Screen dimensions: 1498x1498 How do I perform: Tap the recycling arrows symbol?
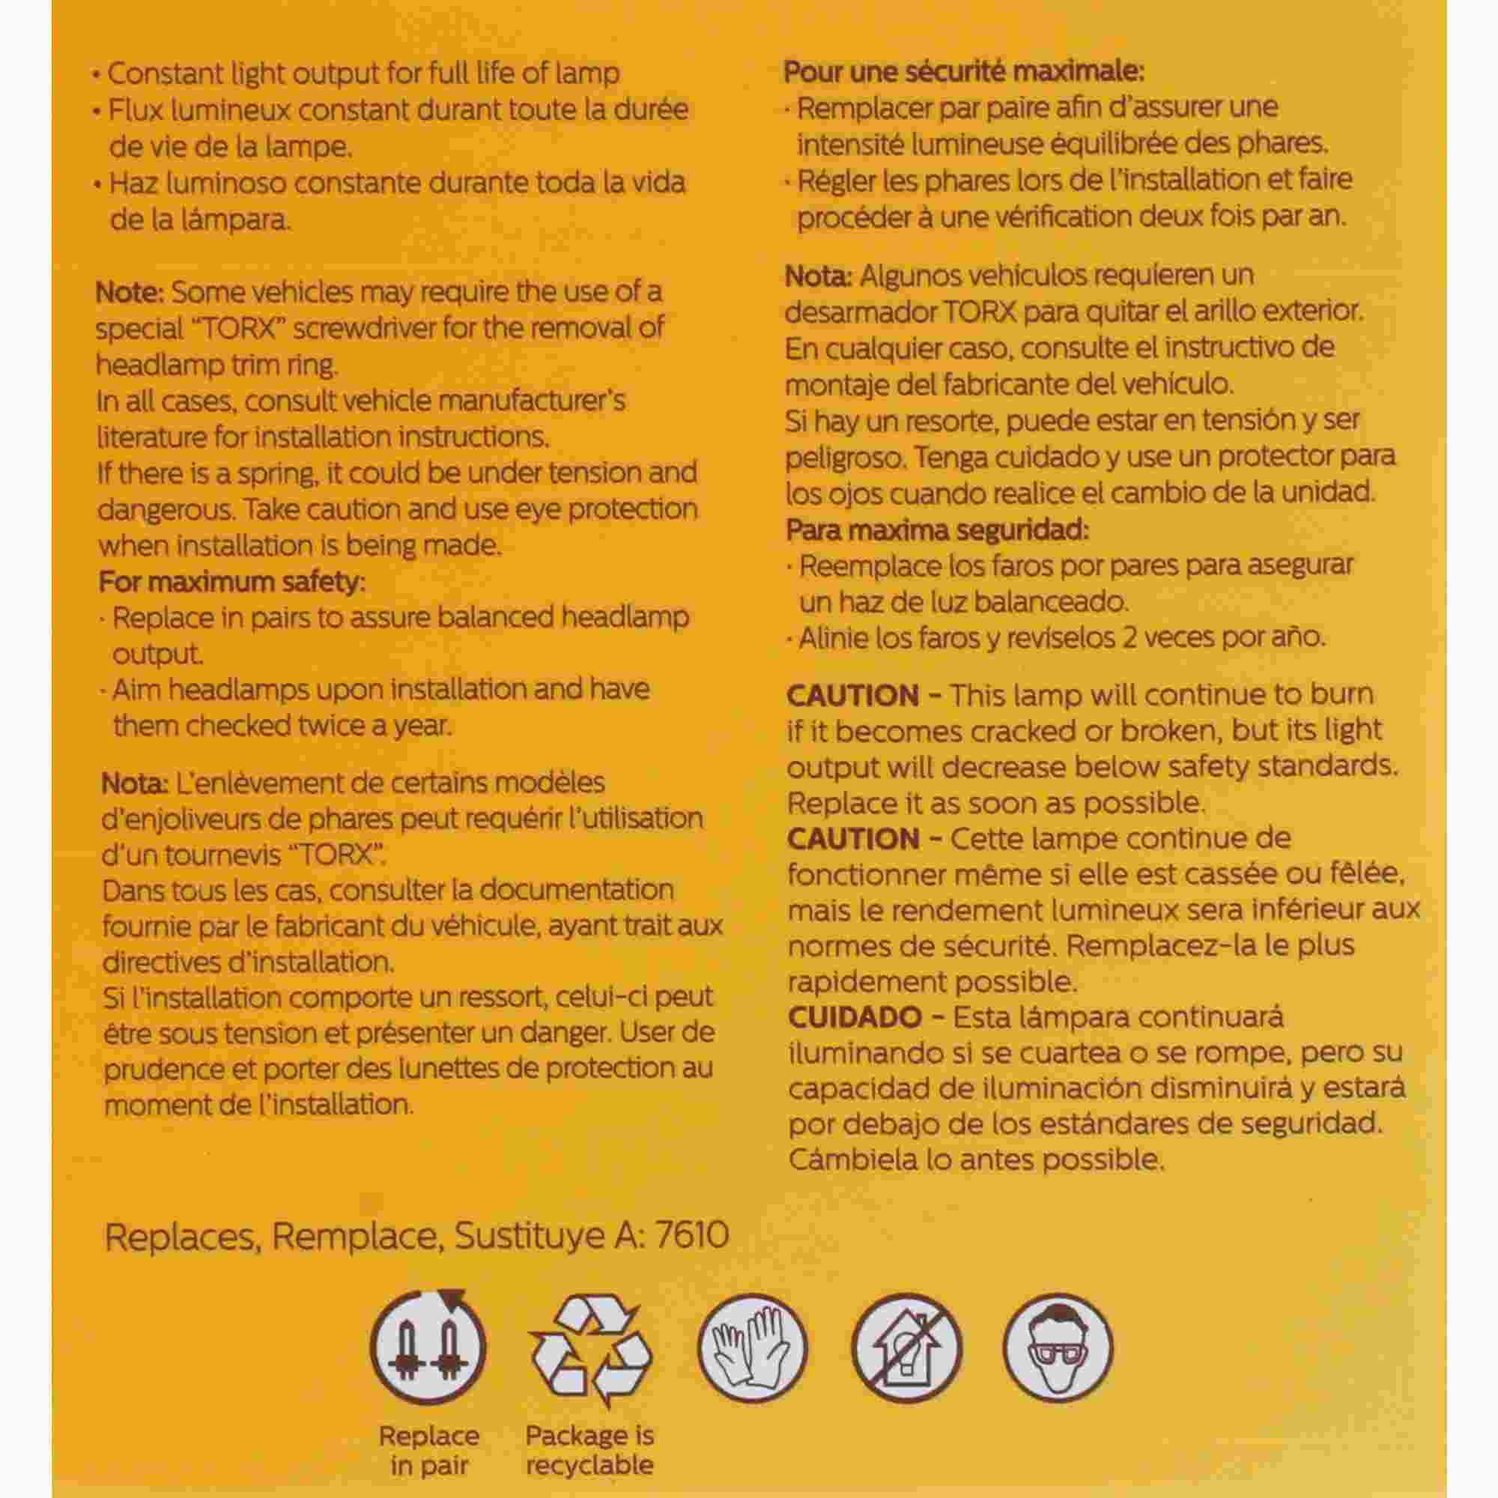point(590,1350)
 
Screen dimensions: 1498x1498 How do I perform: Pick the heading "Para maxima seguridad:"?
point(938,530)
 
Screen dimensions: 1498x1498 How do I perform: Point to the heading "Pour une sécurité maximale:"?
point(964,72)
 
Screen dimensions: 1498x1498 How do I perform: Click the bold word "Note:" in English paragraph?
point(130,292)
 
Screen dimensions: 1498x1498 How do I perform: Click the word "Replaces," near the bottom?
point(181,1236)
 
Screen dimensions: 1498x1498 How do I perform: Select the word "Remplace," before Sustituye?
point(354,1236)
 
